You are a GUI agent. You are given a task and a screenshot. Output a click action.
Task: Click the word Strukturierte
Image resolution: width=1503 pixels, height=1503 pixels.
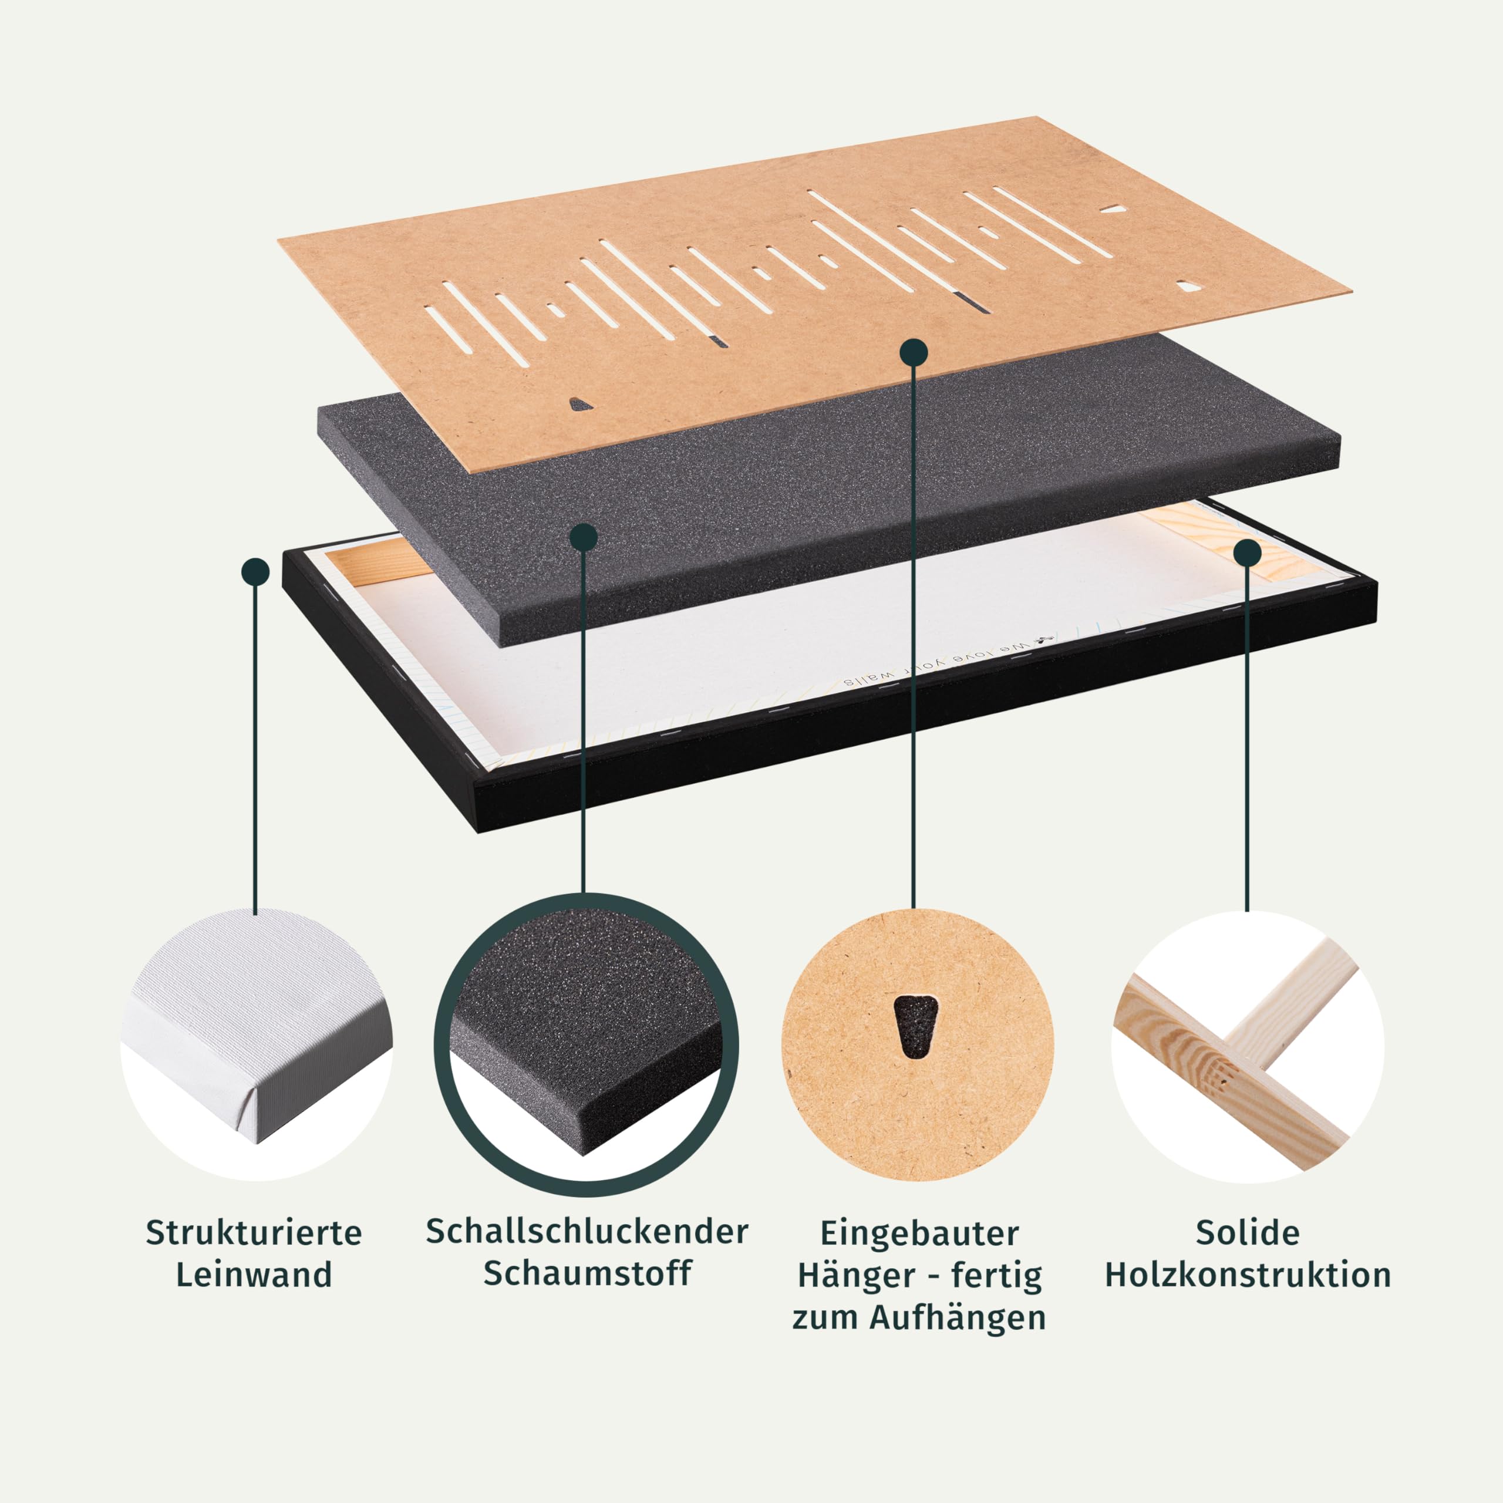254,1232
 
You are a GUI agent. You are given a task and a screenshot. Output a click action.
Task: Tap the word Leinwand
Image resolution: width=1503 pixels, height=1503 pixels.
254,1274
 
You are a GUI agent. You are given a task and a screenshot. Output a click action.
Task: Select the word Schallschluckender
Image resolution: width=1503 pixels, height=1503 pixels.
587,1232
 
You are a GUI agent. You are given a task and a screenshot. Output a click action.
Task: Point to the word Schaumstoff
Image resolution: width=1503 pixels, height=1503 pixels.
587,1273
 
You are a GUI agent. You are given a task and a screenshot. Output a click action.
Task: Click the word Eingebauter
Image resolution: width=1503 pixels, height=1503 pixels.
919,1234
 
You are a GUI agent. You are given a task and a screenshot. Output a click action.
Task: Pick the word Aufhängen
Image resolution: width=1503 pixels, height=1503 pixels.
958,1318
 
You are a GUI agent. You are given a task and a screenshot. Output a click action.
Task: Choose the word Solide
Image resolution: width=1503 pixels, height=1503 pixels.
1248,1232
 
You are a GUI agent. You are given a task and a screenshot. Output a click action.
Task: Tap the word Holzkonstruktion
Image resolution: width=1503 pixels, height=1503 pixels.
1248,1274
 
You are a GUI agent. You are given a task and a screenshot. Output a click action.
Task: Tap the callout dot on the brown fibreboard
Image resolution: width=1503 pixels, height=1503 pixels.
914,352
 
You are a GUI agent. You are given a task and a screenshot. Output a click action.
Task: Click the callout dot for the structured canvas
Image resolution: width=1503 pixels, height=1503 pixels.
255,572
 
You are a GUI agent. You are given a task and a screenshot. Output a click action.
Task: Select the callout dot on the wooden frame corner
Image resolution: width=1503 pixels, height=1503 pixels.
1247,553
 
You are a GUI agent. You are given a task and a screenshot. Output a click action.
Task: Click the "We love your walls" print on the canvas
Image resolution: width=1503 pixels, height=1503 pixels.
948,661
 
